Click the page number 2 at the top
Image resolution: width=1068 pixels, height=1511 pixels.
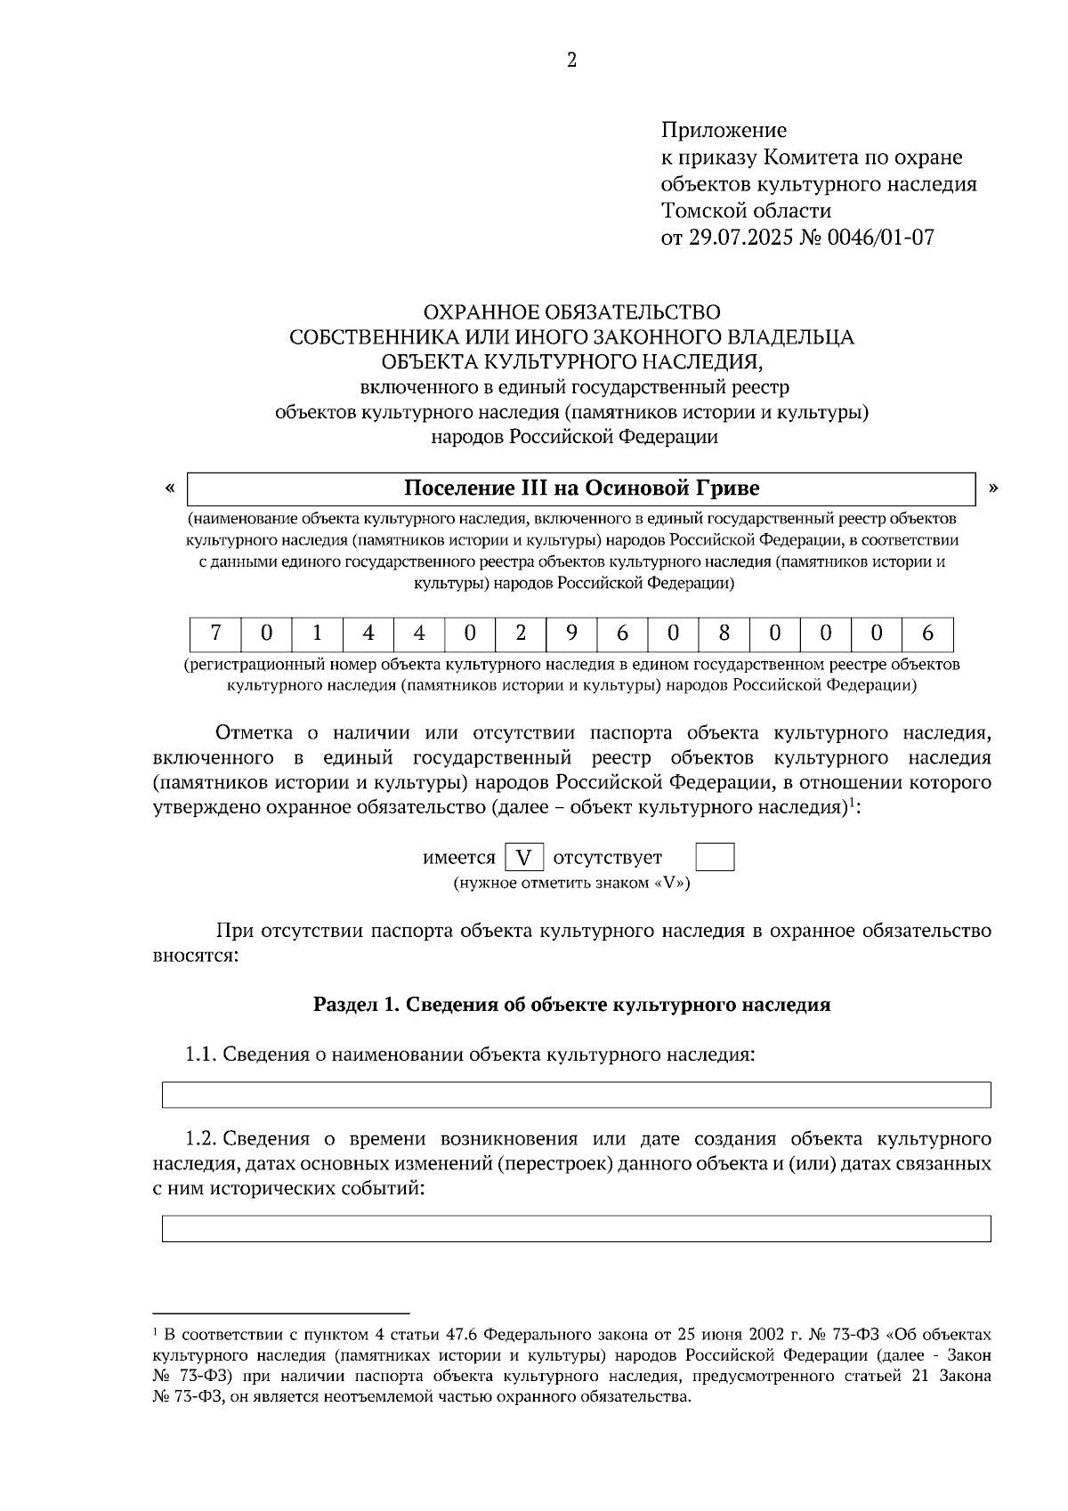tap(571, 60)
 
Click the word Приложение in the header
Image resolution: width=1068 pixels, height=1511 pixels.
tap(724, 131)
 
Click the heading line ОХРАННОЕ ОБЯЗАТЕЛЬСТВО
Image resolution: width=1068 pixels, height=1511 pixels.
tap(571, 312)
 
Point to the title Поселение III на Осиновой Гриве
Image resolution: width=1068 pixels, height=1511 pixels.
tap(581, 489)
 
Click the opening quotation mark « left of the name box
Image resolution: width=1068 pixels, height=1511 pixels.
tap(169, 488)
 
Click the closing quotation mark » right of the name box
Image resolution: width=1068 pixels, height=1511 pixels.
tap(993, 488)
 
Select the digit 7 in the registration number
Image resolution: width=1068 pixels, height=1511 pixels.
tap(215, 634)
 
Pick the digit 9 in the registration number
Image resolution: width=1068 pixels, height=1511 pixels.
tap(571, 634)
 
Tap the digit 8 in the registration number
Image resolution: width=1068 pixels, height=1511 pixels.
tap(724, 634)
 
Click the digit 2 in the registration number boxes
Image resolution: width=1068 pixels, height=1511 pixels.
tap(521, 634)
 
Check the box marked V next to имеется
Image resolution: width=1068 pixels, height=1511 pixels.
tap(524, 858)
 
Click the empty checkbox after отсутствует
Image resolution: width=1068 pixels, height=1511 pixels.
tap(714, 858)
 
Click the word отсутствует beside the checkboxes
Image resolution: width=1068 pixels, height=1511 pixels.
tap(608, 858)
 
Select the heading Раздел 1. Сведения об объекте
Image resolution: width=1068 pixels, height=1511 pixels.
tap(571, 1005)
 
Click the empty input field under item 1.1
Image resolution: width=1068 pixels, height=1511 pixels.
tap(576, 1095)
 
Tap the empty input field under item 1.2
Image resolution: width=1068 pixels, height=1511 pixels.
tap(576, 1228)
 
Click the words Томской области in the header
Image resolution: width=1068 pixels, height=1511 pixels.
tap(746, 211)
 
